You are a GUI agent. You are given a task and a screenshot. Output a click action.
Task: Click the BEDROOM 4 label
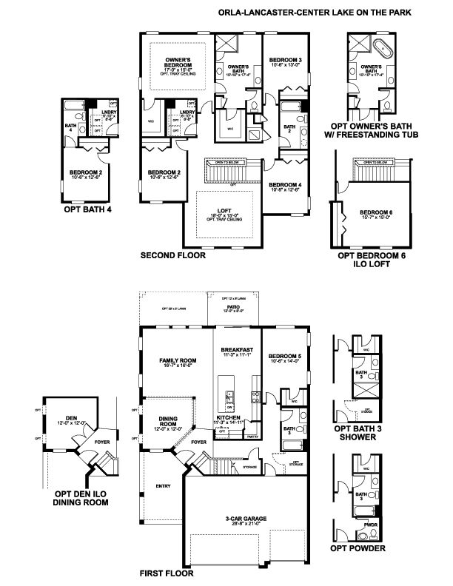[x=283, y=184]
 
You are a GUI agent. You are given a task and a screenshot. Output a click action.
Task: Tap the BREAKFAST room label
[x=237, y=349]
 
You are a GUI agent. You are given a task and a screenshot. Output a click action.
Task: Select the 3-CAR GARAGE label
[x=248, y=519]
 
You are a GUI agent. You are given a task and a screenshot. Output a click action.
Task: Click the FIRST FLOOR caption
[x=167, y=573]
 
